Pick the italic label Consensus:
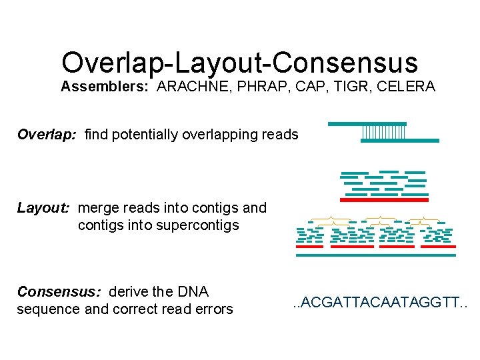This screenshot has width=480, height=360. point(59,292)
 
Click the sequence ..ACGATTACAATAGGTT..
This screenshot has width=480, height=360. point(381,304)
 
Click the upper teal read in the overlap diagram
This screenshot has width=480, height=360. point(367,123)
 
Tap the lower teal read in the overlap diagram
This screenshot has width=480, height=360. point(399,141)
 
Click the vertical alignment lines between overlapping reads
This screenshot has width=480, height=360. point(383,132)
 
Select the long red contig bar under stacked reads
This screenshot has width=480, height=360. point(384,199)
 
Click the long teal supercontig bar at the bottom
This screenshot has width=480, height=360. point(376,255)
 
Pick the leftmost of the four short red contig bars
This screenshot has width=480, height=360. point(309,247)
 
